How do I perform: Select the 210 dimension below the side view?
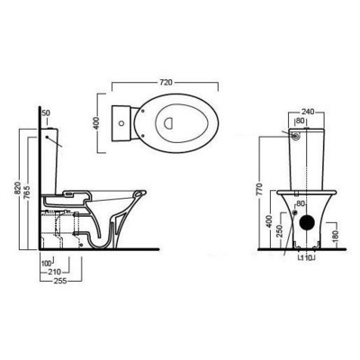pos(54,271)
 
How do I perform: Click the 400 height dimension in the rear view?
pos(267,220)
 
